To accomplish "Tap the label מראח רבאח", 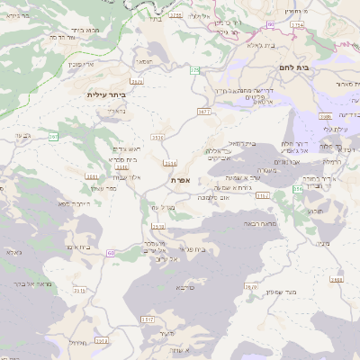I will pyautogui.click(x=272, y=223).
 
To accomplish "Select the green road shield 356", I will pyautogui.click(x=298, y=190).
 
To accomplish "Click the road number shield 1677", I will pyautogui.click(x=202, y=112).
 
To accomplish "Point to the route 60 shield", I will pyautogui.click(x=110, y=253).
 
